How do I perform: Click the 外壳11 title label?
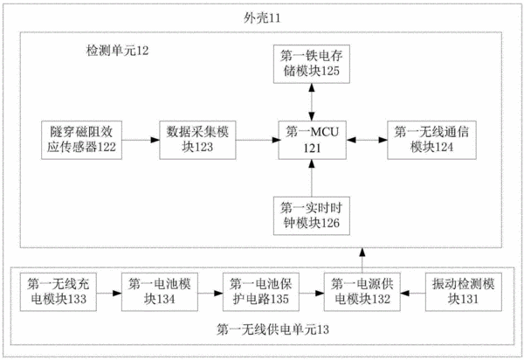(x=262, y=17)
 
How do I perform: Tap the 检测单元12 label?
(x=117, y=51)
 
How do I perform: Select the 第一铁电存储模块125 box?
(x=312, y=64)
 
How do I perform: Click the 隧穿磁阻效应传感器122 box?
(x=81, y=140)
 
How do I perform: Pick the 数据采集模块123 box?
(x=197, y=140)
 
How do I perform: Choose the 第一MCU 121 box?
(x=312, y=140)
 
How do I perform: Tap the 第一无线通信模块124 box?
(x=431, y=140)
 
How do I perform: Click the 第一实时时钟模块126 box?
(x=312, y=216)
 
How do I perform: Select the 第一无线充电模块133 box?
(x=59, y=292)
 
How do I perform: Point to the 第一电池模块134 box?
(x=160, y=292)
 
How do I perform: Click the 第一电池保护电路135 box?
(x=261, y=292)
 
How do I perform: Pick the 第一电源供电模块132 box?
(x=362, y=292)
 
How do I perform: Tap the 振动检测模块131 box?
(x=464, y=292)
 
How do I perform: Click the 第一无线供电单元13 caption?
(x=272, y=330)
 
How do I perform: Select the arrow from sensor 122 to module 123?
(x=141, y=140)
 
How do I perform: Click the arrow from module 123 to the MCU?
(x=258, y=140)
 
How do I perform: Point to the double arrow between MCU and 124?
(x=367, y=140)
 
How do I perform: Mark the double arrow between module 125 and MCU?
(x=312, y=102)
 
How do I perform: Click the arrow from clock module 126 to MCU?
(x=312, y=178)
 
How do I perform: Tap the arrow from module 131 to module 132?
(x=413, y=294)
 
